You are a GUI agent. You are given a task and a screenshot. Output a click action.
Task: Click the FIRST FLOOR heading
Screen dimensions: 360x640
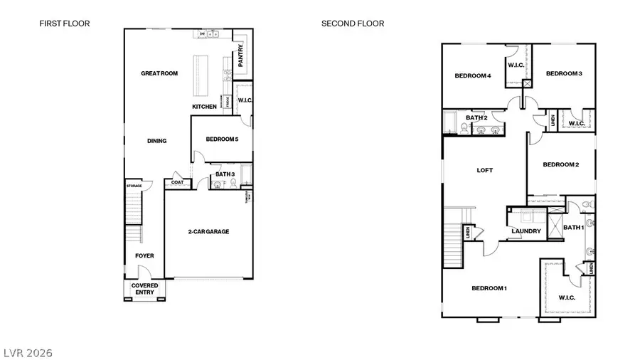64,23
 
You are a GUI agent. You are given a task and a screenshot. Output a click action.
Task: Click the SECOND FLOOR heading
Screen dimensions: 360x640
353,23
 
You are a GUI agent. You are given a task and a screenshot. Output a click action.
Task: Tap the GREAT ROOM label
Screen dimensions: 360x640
159,73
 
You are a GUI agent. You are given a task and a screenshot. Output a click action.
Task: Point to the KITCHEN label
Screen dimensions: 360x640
204,107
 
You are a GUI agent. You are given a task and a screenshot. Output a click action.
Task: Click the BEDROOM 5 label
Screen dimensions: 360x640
221,139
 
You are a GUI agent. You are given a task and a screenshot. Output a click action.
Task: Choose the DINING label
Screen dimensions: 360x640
156,141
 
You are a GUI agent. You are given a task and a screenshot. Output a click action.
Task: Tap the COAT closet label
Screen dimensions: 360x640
177,183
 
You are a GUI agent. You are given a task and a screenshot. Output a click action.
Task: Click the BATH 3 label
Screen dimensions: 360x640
225,174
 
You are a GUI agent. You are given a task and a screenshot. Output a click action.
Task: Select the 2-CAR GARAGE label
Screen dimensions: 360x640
208,232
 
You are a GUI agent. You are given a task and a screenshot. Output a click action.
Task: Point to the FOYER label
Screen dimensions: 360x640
144,255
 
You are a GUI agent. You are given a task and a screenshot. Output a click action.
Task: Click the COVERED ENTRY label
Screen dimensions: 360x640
144,289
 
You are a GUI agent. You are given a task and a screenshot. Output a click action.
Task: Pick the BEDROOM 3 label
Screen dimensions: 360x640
564,73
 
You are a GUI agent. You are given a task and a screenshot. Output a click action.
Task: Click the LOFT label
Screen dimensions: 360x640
484,170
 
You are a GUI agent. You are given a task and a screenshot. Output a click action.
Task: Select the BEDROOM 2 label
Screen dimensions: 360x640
560,164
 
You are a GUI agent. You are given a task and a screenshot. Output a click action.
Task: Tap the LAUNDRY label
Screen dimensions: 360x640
526,231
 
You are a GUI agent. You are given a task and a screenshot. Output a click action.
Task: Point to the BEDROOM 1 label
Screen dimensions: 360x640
489,288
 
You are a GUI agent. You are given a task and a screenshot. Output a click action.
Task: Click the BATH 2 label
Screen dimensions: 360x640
476,117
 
